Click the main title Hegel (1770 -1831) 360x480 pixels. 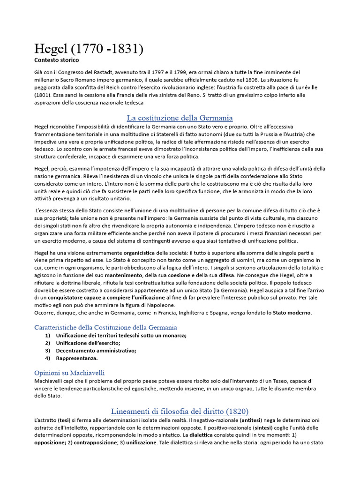coord(89,48)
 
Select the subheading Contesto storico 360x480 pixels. coord(57,60)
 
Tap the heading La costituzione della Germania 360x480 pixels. coord(180,117)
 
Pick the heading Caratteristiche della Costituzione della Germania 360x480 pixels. coord(105,327)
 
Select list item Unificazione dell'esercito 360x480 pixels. coord(88,343)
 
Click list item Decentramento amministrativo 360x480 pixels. coord(96,350)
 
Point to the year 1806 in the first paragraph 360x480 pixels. coord(252,80)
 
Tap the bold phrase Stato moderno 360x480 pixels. coord(292,313)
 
